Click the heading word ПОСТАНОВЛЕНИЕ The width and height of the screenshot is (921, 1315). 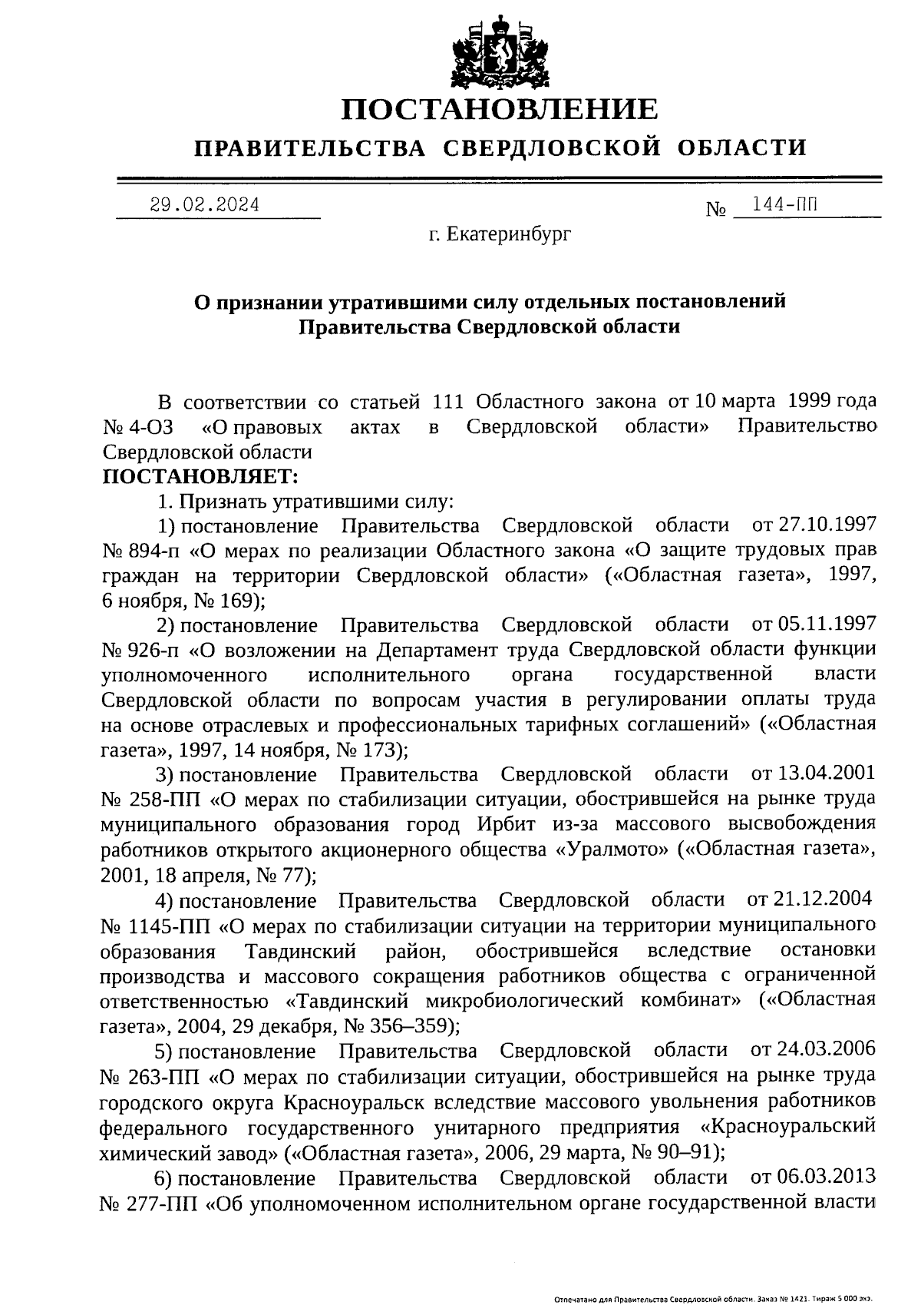[500, 109]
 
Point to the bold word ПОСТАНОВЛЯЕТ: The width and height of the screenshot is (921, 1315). [200, 477]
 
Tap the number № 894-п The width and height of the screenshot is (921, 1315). [141, 552]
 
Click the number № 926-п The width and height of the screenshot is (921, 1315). [141, 650]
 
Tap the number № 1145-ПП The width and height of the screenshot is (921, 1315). [155, 925]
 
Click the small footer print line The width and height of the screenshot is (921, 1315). [713, 1300]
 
